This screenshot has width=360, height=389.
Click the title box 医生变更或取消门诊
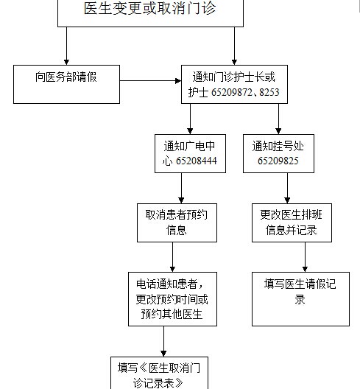pyautogui.click(x=150, y=13)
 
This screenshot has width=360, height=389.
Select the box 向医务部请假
pyautogui.click(x=66, y=84)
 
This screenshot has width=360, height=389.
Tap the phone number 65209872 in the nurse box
pyautogui.click(x=232, y=92)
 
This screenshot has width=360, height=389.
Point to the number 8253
pyautogui.click(x=269, y=92)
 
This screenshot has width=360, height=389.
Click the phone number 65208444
pyautogui.click(x=197, y=161)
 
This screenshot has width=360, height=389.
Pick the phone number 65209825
pyautogui.click(x=278, y=161)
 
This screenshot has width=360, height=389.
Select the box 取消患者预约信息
pyautogui.click(x=177, y=222)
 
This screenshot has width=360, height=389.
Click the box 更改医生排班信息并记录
pyautogui.click(x=292, y=222)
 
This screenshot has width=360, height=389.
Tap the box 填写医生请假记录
pyautogui.click(x=301, y=299)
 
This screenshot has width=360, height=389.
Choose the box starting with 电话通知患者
pyautogui.click(x=172, y=299)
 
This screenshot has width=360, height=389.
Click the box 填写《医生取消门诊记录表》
pyautogui.click(x=159, y=373)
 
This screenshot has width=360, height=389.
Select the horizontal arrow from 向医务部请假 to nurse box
pyautogui.click(x=150, y=80)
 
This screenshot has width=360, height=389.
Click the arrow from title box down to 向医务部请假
pyautogui.click(x=66, y=46)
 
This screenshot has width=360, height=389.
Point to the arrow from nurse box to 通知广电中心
pyautogui.click(x=190, y=119)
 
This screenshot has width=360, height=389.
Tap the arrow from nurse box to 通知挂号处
pyautogui.click(x=278, y=119)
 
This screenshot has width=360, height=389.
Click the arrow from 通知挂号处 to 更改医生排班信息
pyautogui.click(x=287, y=188)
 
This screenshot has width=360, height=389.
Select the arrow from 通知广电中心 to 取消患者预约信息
pyautogui.click(x=181, y=188)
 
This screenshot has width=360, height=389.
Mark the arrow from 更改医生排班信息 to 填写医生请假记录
pyautogui.click(x=306, y=257)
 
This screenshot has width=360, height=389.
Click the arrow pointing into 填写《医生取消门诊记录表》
pyautogui.click(x=163, y=341)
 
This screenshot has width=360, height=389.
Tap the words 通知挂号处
pyautogui.click(x=278, y=146)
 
